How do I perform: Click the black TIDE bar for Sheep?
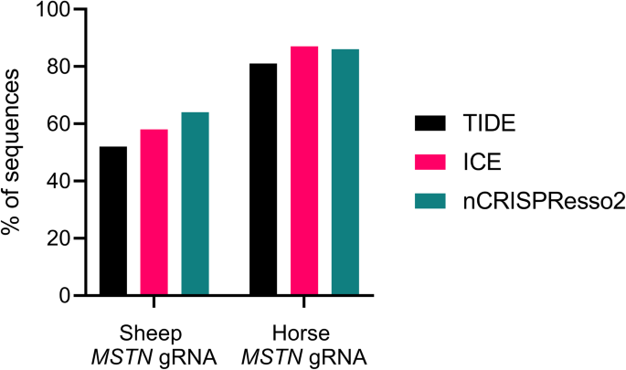pos(113,220)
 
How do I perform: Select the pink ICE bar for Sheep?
pos(154,212)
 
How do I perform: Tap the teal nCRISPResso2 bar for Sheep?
pos(195,204)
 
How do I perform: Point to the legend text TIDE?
pos(488,123)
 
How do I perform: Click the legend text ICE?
pos(480,163)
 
